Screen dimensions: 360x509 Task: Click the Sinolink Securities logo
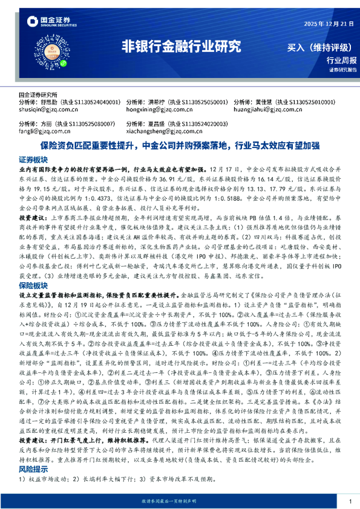click(46, 23)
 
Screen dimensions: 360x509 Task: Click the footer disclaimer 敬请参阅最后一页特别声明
click(180, 502)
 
